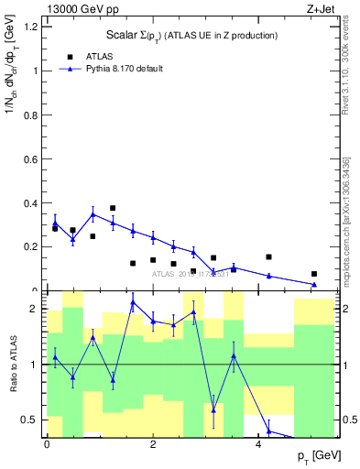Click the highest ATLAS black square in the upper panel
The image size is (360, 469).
tap(113, 208)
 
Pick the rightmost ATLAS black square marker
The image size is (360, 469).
tap(314, 273)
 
